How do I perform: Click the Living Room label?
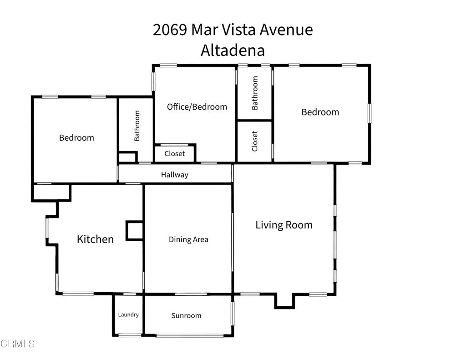(x=284, y=225)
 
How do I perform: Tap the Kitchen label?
(x=95, y=239)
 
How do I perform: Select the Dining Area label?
(x=188, y=239)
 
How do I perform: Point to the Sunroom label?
(x=186, y=315)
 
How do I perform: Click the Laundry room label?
(x=128, y=314)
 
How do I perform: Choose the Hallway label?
(x=174, y=175)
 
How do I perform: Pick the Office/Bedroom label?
(x=197, y=107)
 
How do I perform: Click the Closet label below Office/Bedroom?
(x=175, y=153)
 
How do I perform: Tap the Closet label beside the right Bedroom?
(x=255, y=141)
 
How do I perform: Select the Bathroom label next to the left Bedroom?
(x=137, y=126)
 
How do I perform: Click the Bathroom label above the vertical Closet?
(x=255, y=93)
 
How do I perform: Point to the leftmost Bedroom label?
(x=76, y=137)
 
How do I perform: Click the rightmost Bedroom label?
(x=320, y=112)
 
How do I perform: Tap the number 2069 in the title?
(x=170, y=30)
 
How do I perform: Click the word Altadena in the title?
(x=233, y=50)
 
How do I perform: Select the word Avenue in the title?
(x=286, y=30)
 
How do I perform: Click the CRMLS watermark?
(x=18, y=344)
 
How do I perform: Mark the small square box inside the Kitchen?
(x=134, y=230)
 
